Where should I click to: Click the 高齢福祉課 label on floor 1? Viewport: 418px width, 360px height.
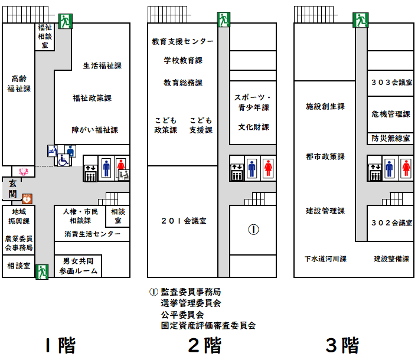(18, 83)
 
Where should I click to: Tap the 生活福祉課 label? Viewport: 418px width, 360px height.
(102, 66)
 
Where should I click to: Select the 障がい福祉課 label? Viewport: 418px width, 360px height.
(94, 130)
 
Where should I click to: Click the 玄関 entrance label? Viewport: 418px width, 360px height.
(12, 189)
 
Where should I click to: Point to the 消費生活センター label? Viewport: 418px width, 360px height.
(96, 234)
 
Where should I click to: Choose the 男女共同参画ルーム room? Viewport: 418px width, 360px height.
(79, 266)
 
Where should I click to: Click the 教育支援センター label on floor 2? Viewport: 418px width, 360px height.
(182, 42)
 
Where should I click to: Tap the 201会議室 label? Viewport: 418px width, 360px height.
(183, 221)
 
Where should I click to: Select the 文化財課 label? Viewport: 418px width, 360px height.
(254, 127)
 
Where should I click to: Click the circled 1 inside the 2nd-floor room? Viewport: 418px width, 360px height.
(253, 230)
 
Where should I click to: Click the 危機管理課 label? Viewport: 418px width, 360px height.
(391, 114)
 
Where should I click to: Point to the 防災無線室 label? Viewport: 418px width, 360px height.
(391, 139)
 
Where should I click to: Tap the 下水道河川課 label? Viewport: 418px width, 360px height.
(325, 258)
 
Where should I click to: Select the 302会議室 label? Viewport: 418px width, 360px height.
(391, 222)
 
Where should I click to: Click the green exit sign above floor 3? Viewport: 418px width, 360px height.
(360, 20)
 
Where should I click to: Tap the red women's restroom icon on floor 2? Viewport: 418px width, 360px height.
(267, 168)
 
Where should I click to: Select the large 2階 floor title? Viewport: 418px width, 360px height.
(204, 345)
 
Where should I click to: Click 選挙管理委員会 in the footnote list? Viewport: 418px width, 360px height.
(191, 303)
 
